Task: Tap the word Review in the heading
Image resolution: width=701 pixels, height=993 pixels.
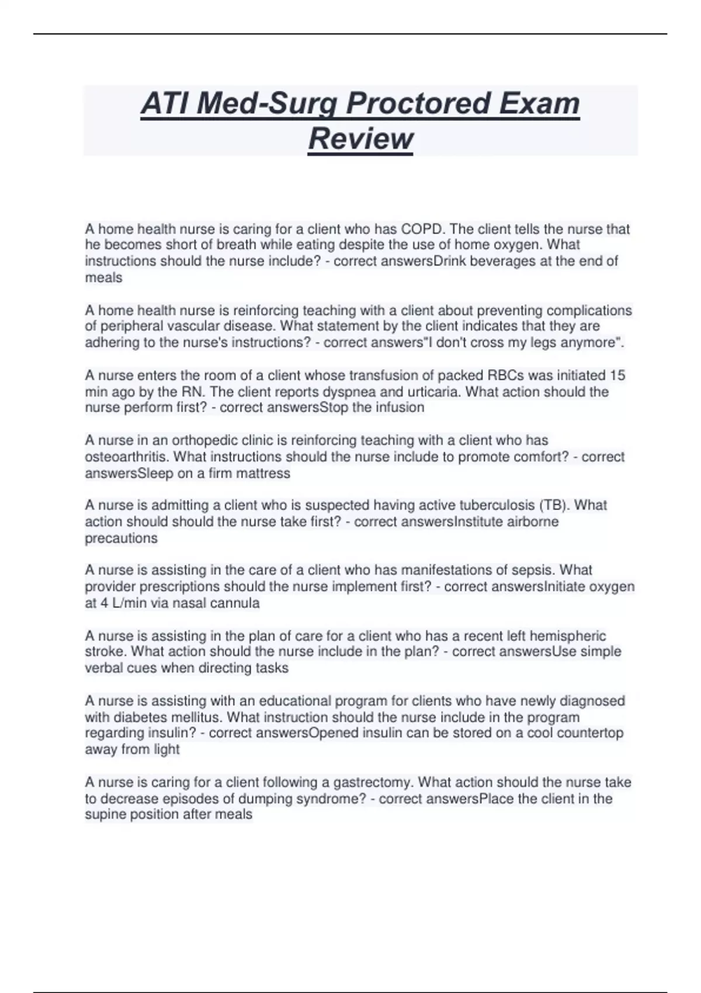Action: [x=360, y=139]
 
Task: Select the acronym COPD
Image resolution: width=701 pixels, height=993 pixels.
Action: [x=422, y=229]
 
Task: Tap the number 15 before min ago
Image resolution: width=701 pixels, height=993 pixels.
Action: [x=617, y=375]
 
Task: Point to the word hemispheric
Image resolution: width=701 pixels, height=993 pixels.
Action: [x=568, y=636]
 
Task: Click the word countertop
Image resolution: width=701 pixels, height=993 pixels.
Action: [x=590, y=733]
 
